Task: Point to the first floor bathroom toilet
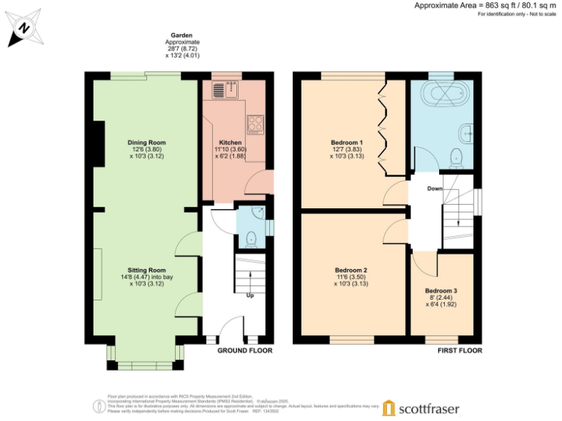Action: click(457, 156)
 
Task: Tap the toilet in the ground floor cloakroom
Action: click(250, 238)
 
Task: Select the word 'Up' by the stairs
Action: click(250, 296)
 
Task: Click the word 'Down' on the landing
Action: click(435, 188)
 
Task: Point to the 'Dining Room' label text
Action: click(146, 143)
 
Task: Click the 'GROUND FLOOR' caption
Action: click(245, 351)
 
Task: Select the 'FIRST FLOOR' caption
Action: click(459, 351)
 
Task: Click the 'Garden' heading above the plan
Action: click(181, 35)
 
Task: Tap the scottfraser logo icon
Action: click(389, 407)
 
